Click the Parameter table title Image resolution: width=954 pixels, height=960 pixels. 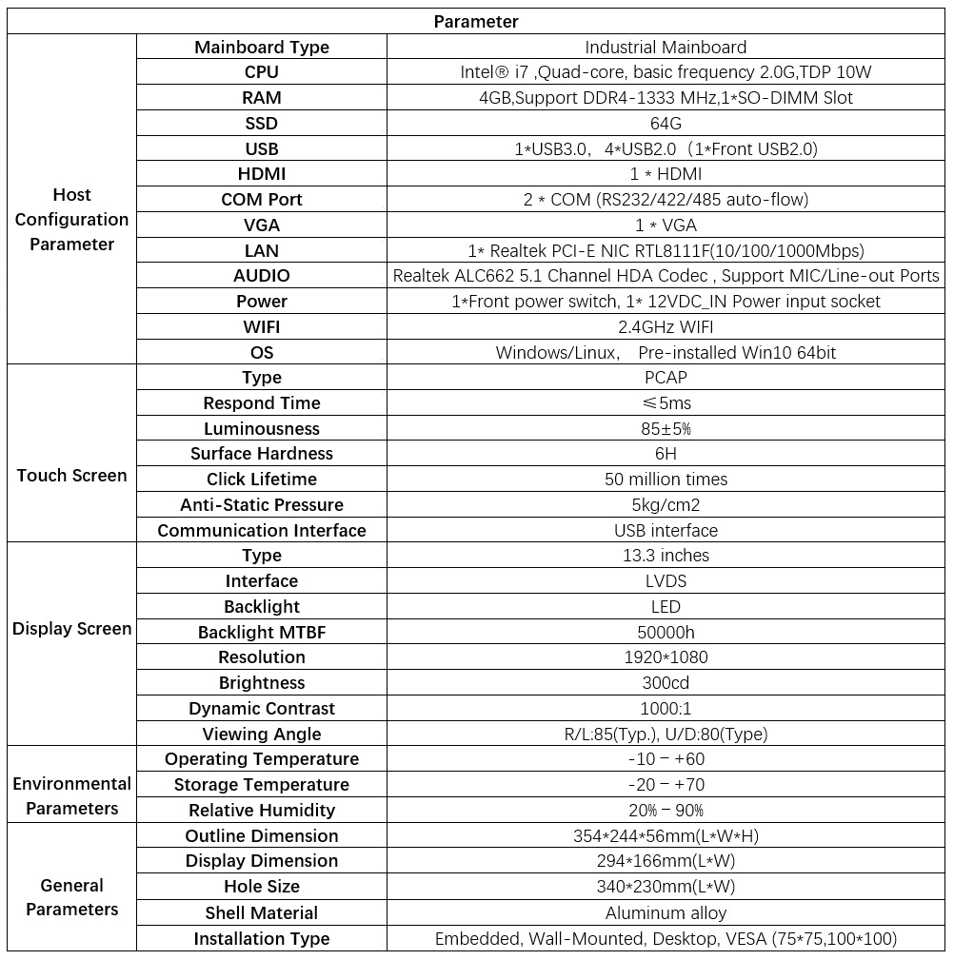[476, 21]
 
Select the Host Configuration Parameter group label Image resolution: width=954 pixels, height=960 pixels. [71, 219]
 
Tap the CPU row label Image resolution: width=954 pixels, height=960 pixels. [262, 72]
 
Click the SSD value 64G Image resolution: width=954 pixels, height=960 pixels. [666, 123]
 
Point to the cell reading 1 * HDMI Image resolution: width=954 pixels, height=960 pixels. [666, 174]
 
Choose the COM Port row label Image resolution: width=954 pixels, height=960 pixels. [262, 200]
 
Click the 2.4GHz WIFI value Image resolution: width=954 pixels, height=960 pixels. [666, 326]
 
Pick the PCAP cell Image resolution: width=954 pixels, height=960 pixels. [666, 378]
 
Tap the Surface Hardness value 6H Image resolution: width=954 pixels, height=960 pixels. [666, 454]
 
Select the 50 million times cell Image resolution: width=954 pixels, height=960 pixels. [666, 480]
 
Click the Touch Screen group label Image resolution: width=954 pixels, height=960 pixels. [71, 476]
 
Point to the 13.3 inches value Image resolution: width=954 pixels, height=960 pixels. [666, 556]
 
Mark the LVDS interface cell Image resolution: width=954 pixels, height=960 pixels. [666, 581]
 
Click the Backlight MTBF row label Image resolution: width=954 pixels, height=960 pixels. [262, 633]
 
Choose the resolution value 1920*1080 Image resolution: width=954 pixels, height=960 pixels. [666, 657]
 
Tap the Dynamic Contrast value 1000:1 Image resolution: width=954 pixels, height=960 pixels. [666, 709]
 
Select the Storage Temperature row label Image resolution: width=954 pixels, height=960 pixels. [262, 785]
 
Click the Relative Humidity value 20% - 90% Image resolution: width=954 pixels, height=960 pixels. [666, 811]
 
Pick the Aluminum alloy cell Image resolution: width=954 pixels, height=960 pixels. [666, 913]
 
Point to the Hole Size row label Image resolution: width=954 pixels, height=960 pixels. [262, 887]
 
